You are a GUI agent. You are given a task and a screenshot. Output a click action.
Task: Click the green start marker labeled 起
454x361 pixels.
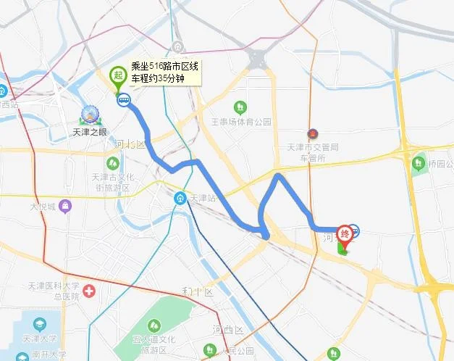(x=117, y=75)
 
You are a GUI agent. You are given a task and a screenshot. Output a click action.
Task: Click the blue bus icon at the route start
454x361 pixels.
(x=124, y=101)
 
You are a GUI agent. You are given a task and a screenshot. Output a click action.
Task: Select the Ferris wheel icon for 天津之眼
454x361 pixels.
(x=90, y=115)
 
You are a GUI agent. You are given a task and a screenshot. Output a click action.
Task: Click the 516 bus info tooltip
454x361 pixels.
(x=164, y=72)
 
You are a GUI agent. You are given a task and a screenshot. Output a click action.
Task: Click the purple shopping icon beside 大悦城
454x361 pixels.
(x=66, y=207)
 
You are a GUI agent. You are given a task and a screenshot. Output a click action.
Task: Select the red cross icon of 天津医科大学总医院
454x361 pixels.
(x=89, y=291)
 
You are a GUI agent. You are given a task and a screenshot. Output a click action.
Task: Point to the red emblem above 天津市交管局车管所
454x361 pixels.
(x=312, y=135)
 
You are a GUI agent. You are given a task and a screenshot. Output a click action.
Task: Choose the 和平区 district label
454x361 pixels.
(x=196, y=291)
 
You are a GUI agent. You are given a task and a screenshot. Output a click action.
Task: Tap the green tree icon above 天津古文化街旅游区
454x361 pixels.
(x=112, y=162)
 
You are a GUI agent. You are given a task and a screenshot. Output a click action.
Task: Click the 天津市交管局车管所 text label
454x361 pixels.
(x=312, y=152)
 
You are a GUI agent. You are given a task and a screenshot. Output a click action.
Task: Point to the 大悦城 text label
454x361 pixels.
(x=43, y=207)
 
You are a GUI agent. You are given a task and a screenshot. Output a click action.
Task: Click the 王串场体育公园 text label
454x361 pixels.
(x=240, y=122)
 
